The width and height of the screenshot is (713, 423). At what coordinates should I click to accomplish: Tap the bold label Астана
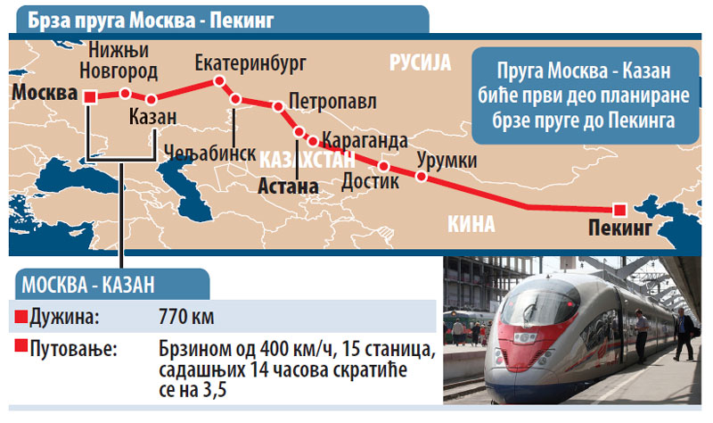pyautogui.click(x=287, y=187)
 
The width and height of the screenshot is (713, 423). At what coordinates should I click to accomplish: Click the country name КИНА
pyautogui.click(x=469, y=223)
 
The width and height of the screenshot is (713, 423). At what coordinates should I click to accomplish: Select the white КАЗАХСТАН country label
pyautogui.click(x=307, y=161)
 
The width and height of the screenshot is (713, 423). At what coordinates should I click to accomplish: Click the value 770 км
pyautogui.click(x=184, y=317)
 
